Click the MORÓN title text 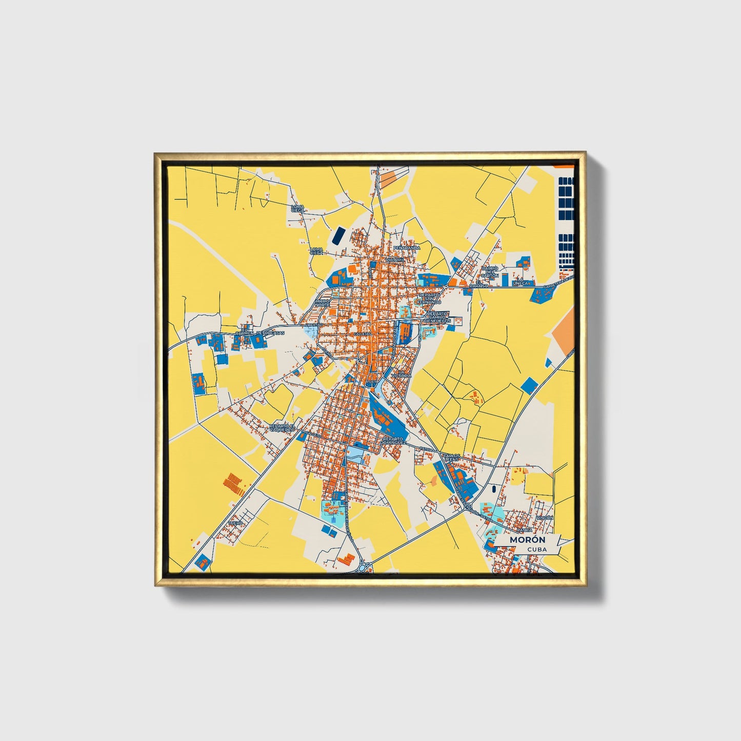click(527, 540)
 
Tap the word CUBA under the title click(536, 549)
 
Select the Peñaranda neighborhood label click(407, 248)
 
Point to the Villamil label click(395, 260)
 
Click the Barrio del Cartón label click(490, 272)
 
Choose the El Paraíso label click(482, 284)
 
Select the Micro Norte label click(323, 303)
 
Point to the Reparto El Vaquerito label click(283, 428)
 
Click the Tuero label click(235, 523)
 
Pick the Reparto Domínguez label click(394, 440)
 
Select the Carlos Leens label click(451, 457)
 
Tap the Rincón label click(545, 518)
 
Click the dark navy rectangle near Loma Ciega click(338, 235)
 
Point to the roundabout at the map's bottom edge click(365, 568)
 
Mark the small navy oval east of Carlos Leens click(494, 489)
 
